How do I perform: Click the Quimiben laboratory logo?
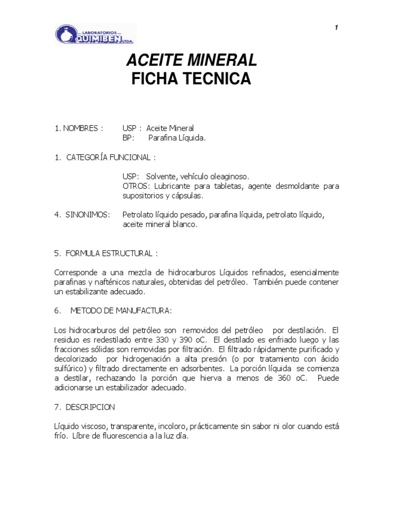click(95, 35)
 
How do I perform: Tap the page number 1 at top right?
click(336, 28)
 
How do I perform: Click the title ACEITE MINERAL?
click(191, 60)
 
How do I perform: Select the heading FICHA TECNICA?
click(191, 79)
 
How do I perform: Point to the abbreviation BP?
click(128, 137)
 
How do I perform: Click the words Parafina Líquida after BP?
click(177, 137)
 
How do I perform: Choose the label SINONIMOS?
click(88, 214)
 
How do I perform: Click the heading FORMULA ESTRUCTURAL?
click(111, 253)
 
